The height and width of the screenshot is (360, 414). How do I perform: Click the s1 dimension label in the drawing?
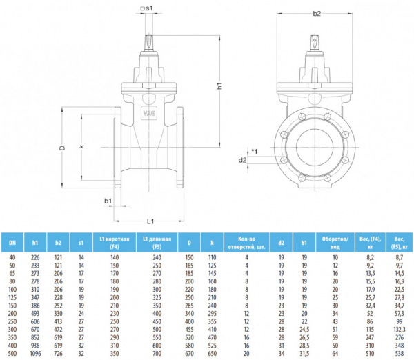[149, 8]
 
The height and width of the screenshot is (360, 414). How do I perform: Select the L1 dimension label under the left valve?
[150, 221]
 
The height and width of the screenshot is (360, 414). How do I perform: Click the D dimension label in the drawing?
[63, 147]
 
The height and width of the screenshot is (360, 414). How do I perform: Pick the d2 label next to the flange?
[242, 160]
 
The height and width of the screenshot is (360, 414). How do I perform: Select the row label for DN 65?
[12, 273]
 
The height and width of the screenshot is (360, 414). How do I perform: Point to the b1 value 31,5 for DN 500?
[304, 354]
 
